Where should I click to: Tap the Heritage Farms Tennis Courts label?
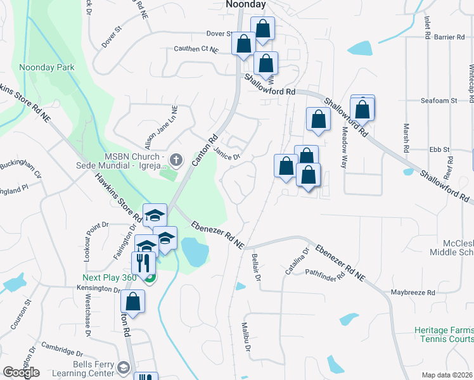pyautogui.click(x=444, y=334)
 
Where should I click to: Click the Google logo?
pyautogui.click(x=21, y=372)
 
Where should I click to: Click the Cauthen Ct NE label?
pyautogui.click(x=197, y=49)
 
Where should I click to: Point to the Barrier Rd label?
pyautogui.click(x=450, y=37)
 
